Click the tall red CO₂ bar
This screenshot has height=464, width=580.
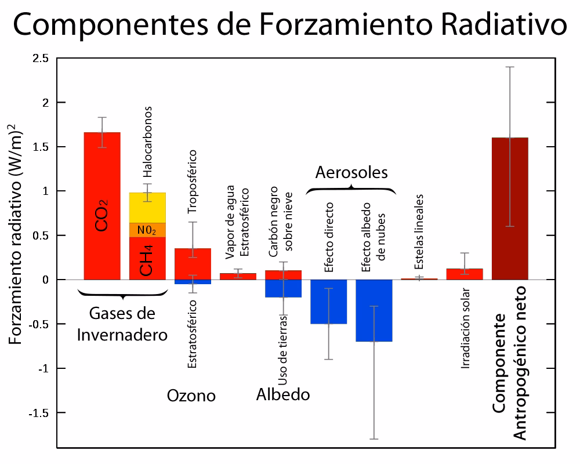point(102,174)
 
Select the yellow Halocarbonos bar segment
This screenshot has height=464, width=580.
point(147,208)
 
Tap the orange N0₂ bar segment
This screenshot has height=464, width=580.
point(147,230)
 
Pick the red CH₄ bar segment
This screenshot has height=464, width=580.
point(147,258)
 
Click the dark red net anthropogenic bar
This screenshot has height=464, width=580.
point(510,209)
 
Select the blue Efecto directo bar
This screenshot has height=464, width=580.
point(329,302)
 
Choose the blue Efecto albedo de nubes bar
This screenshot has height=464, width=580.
point(374,310)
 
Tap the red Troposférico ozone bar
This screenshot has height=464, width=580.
point(193,264)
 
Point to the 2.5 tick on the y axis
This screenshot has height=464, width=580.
point(41,59)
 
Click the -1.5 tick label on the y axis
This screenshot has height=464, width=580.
point(39,413)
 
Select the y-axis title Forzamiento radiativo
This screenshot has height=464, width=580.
point(17,232)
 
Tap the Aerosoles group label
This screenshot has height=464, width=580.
point(351,172)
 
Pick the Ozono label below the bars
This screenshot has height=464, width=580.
point(191,396)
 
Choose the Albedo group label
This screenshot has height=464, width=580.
point(283,395)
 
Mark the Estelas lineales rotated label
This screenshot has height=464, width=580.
point(419,231)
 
